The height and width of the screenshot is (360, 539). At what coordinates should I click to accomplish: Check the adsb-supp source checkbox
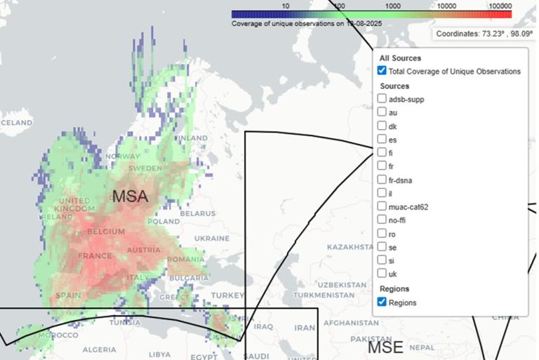pyautogui.click(x=382, y=99)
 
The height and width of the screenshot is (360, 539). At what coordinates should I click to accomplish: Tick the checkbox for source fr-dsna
pyautogui.click(x=382, y=180)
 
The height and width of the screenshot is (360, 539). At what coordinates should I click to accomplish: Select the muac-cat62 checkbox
pyautogui.click(x=382, y=206)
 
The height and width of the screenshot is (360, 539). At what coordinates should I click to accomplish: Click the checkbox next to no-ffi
pyautogui.click(x=382, y=220)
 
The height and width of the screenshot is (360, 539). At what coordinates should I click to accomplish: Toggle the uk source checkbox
pyautogui.click(x=382, y=273)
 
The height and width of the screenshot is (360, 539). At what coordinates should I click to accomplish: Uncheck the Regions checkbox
pyautogui.click(x=382, y=302)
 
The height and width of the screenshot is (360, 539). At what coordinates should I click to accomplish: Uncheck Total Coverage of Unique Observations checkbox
pyautogui.click(x=382, y=71)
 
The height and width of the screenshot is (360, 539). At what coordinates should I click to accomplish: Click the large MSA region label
pyautogui.click(x=130, y=197)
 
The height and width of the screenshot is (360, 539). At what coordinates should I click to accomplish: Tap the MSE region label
pyautogui.click(x=386, y=347)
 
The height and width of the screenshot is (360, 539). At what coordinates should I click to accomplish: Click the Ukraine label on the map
pyautogui.click(x=211, y=238)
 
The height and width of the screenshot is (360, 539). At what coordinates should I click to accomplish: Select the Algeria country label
pyautogui.click(x=99, y=349)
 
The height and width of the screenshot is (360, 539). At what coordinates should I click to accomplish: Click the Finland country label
pyautogui.click(x=192, y=138)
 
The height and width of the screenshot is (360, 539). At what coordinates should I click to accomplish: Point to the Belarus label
pyautogui.click(x=197, y=213)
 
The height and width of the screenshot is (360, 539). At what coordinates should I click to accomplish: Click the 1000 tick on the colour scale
pyautogui.click(x=392, y=6)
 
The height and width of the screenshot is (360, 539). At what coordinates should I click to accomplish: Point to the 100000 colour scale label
pyautogui.click(x=500, y=6)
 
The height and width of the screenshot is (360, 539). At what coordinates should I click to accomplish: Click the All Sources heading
pyautogui.click(x=400, y=58)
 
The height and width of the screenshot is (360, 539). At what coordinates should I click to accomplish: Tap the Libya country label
pyautogui.click(x=159, y=354)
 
